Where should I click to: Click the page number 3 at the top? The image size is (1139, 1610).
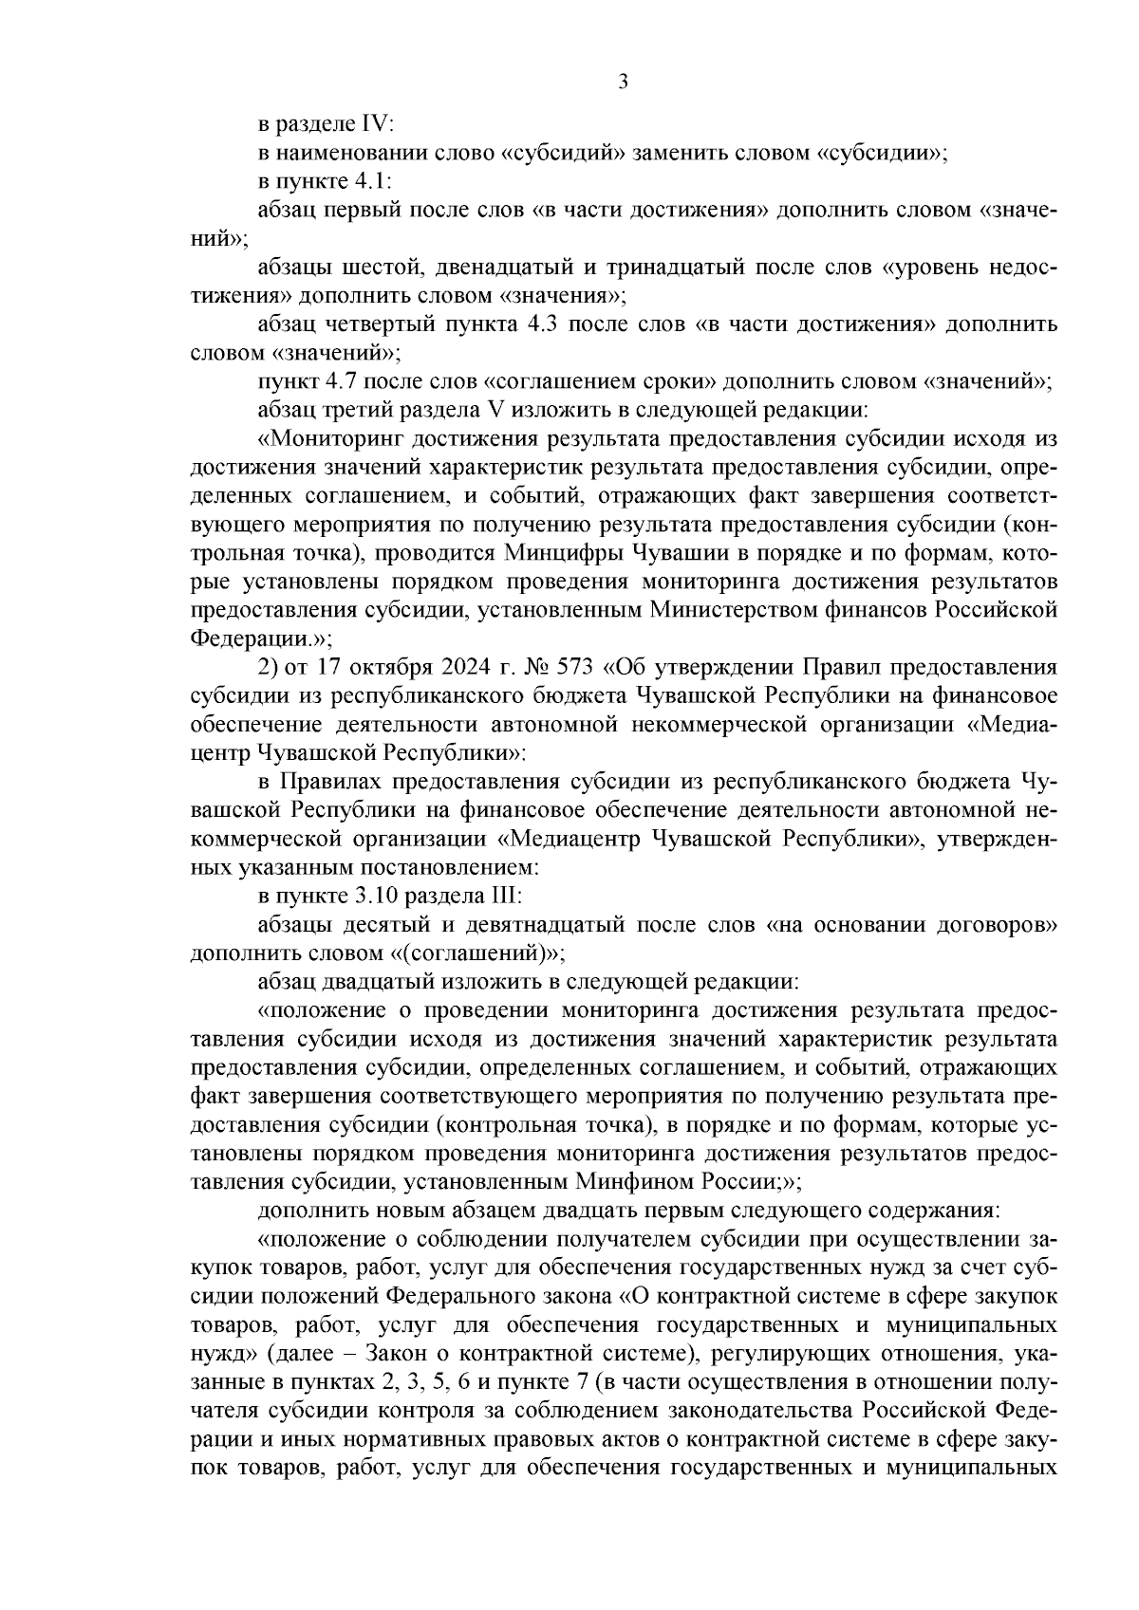point(623,83)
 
